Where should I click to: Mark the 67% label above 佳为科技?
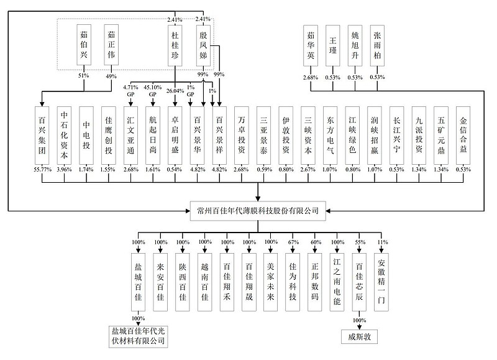click(x=291, y=242)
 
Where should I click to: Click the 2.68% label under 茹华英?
click(x=311, y=78)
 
